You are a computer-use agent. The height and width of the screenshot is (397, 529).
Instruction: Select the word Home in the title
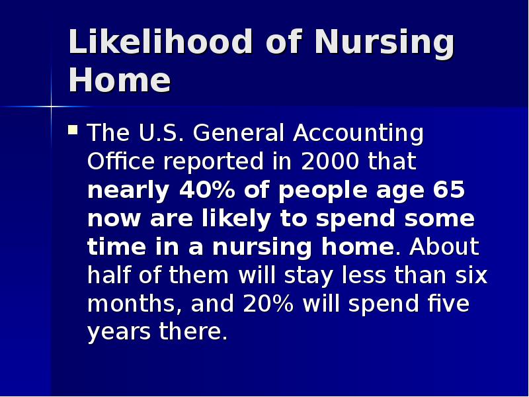coord(119,81)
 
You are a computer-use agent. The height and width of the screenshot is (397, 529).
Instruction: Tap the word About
coord(444,247)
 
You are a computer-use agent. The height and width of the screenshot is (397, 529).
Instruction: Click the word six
coord(471,275)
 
